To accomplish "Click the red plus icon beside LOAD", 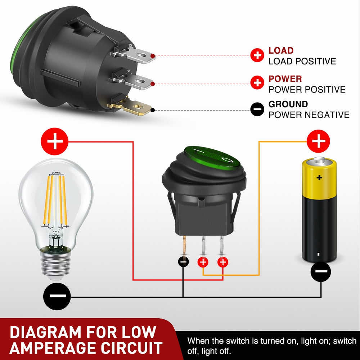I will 257,55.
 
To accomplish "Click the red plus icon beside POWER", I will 257,83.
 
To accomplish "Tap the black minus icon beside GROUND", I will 257,109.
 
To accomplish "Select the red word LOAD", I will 281,51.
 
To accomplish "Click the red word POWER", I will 285,79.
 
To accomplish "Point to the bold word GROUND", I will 288,104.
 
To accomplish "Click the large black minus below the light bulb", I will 57,296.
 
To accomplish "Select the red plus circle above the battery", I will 318,141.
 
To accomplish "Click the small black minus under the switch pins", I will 184,262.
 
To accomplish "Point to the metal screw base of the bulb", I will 56,265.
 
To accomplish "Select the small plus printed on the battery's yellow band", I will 319,177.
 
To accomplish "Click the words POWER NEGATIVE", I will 309,115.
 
